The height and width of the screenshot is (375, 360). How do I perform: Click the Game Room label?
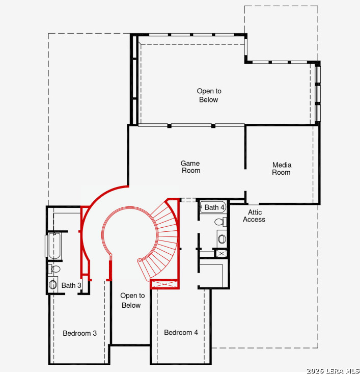(190, 167)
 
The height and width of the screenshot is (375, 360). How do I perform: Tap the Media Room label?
(282, 169)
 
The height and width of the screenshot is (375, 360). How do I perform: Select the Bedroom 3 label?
(79, 333)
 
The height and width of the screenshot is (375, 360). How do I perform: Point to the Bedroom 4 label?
(181, 332)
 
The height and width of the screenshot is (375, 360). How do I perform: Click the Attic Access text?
(254, 216)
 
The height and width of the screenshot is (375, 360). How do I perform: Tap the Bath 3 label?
(71, 285)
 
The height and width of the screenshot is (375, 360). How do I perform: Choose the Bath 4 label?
(215, 207)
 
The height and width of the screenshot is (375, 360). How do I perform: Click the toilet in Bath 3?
(54, 269)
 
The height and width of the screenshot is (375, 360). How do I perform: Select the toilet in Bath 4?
(220, 222)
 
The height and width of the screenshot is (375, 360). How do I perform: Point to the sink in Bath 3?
(52, 285)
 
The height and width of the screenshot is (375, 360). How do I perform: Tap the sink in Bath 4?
(222, 239)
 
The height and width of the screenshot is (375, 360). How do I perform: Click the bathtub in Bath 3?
(54, 246)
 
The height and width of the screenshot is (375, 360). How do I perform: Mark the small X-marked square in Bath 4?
(221, 254)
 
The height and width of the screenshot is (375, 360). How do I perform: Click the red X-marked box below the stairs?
(164, 284)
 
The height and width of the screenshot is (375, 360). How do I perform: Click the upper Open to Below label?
(209, 95)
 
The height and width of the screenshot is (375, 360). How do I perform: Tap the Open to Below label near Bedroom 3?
(132, 301)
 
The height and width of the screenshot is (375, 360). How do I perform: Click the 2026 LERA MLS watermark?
(333, 371)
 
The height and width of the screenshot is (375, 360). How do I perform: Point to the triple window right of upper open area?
(317, 94)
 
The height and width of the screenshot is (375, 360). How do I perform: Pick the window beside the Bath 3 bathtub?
(46, 246)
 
